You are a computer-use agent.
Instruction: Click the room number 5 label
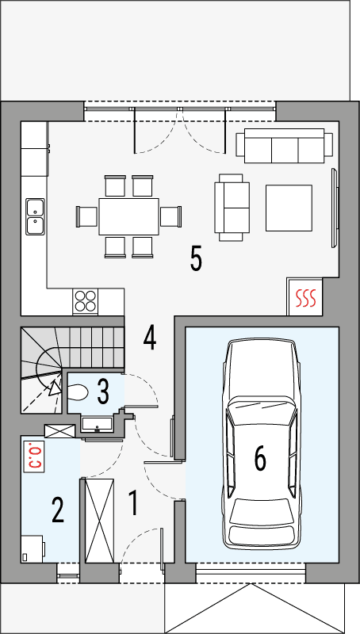point(196,258)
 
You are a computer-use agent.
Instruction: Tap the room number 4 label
point(149,338)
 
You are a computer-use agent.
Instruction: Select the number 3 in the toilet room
point(103,390)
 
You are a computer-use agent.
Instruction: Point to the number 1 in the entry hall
point(134,503)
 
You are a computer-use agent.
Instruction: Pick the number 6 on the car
point(259,457)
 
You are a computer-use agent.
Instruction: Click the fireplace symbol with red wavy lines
point(305,297)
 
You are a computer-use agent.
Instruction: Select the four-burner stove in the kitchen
point(86,301)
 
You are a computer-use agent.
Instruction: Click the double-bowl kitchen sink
point(35,216)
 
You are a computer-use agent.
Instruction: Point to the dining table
point(128,216)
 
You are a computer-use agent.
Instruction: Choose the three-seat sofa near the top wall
point(284,145)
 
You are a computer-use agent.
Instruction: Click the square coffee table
point(288,207)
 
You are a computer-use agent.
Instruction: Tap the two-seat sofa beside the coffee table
point(232,208)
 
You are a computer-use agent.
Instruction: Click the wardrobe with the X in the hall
point(100,521)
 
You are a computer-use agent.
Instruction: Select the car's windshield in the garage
point(261,411)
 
